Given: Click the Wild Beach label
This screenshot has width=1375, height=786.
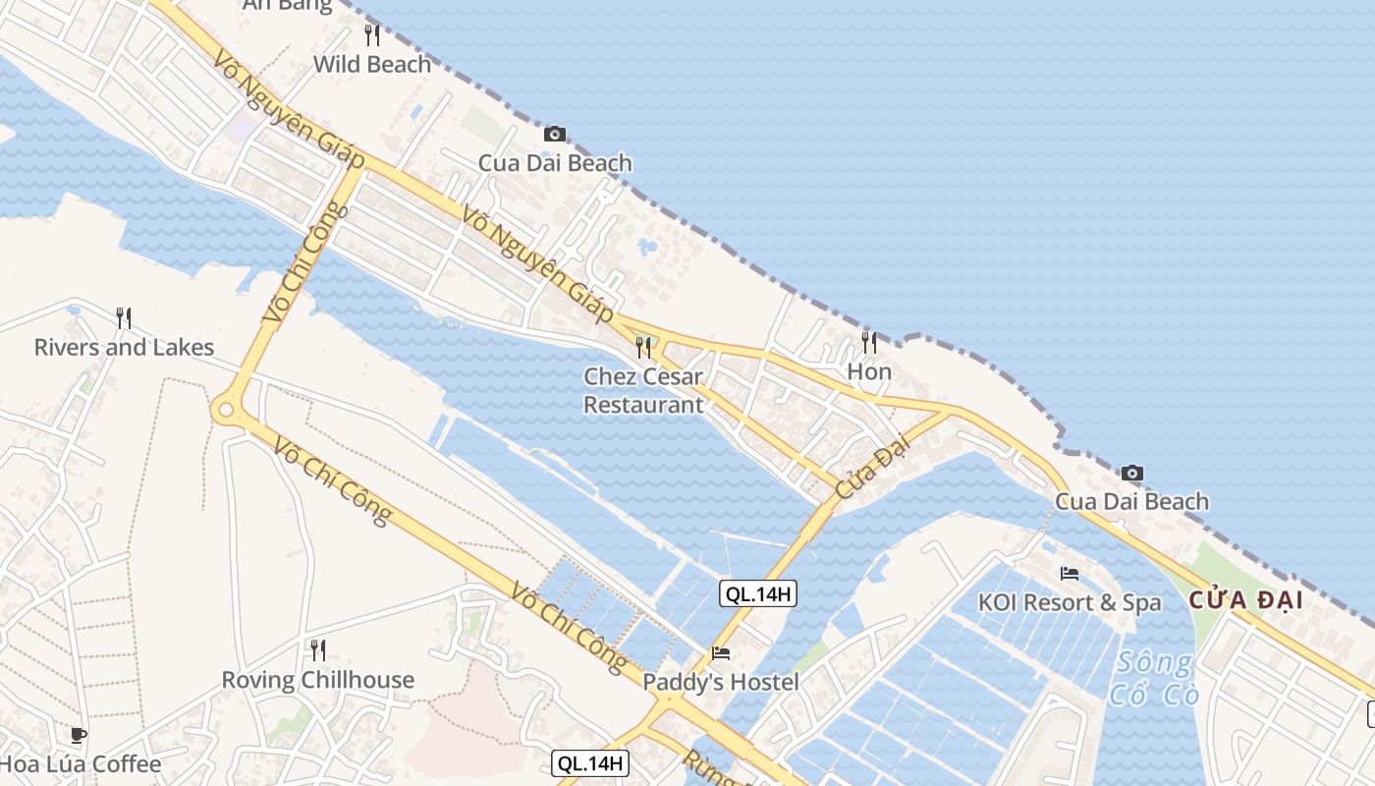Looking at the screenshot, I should coord(371,65).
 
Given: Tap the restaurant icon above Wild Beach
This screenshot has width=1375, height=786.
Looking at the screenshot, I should coord(372,35).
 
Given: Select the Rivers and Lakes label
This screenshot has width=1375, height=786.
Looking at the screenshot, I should coord(124,347).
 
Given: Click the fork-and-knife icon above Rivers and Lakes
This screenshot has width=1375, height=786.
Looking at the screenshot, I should coord(124,317).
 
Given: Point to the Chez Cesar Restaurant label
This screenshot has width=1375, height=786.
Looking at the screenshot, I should coord(643,390).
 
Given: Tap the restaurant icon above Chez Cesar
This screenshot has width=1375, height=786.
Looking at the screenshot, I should coord(643,347).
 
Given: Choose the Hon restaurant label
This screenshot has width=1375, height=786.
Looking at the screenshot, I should coord(869,371).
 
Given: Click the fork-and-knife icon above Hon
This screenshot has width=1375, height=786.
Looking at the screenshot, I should coord(869,342).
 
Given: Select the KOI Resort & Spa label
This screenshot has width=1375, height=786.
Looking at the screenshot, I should coord(1070,602).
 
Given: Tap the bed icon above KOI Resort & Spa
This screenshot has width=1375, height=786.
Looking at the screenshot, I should coord(1070,573).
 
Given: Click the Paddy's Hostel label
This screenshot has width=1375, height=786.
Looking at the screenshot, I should coord(721,682).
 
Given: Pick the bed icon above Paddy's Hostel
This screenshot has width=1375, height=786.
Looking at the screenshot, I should coord(721,652).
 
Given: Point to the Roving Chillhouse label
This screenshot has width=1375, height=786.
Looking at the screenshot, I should coord(317,680).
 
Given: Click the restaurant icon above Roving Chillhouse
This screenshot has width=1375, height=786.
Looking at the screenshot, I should coord(317,649).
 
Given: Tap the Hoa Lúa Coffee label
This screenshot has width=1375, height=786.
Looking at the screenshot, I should coord(80,763).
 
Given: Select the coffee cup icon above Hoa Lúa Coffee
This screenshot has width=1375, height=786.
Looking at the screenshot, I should coord(79,734).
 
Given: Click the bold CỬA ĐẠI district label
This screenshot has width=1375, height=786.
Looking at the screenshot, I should coord(1246,600).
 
